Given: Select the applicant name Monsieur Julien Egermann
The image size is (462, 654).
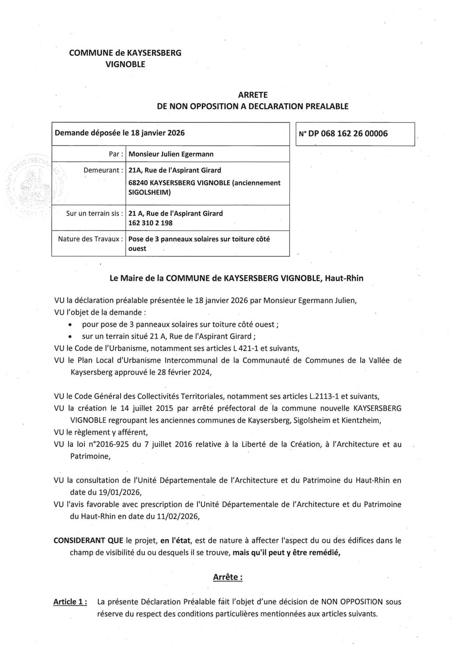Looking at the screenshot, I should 171,154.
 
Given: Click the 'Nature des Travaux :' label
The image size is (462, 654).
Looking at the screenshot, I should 90,239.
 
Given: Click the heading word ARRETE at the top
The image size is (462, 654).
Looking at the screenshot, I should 253,95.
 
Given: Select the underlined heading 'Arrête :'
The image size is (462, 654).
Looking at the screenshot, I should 228,577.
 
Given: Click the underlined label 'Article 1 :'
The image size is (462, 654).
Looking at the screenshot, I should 70,602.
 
